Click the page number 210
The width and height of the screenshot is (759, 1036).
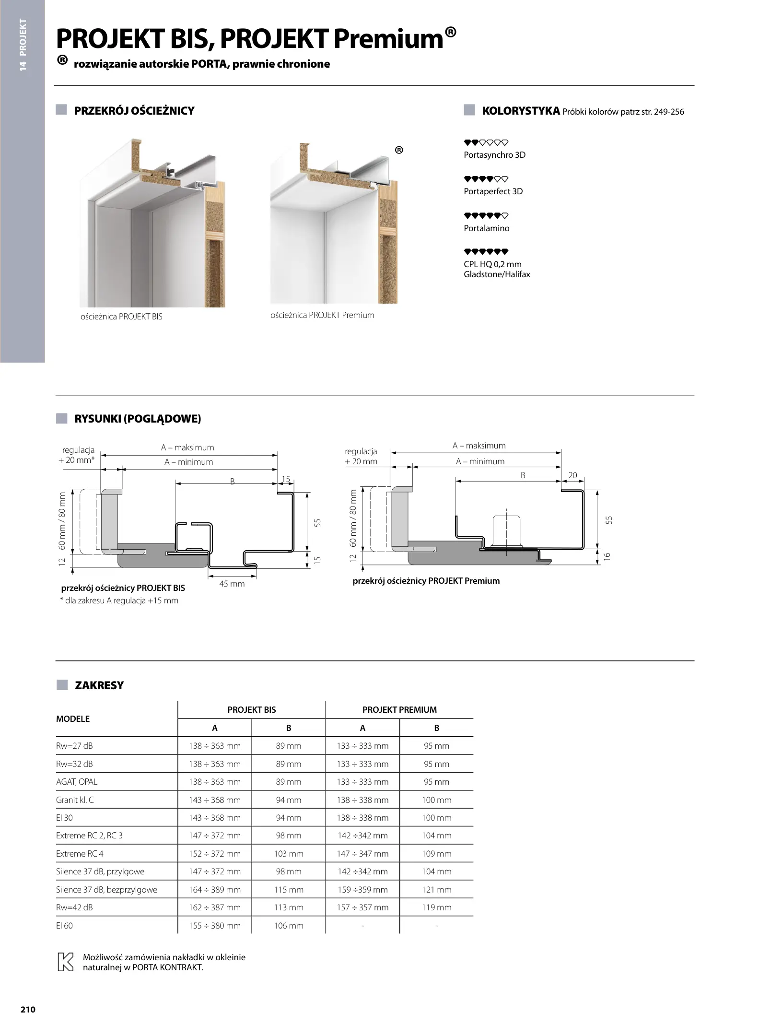coord(28,1009)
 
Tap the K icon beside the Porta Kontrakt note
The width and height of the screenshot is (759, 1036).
coord(65,962)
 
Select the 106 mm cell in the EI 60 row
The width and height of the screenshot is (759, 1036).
coord(288,926)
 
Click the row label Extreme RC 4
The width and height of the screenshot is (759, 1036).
coord(80,854)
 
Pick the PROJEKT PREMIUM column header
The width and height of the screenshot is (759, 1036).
coord(399,710)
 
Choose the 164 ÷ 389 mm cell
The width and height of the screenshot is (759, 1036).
coord(214,890)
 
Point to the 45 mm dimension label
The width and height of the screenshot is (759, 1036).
coord(232,584)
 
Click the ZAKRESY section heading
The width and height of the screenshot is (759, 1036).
coord(99,685)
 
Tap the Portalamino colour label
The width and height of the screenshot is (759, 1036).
coord(486,228)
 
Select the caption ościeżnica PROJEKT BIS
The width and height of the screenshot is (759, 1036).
coord(121,317)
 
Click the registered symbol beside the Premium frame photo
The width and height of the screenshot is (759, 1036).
coord(399,150)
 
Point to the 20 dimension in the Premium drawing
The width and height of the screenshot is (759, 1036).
coord(572,475)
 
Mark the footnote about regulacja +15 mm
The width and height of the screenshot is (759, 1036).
coord(119,600)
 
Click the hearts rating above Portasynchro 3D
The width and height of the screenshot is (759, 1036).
coord(486,142)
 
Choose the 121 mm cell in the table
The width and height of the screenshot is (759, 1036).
coord(436,890)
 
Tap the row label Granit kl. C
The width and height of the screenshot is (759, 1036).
coord(75,800)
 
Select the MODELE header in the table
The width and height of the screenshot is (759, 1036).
coord(73,718)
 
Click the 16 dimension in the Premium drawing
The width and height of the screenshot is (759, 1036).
coord(607,556)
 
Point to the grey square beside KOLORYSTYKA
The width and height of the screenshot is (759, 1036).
coord(469,110)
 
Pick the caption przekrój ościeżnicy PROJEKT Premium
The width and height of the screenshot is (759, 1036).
coord(426,581)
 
